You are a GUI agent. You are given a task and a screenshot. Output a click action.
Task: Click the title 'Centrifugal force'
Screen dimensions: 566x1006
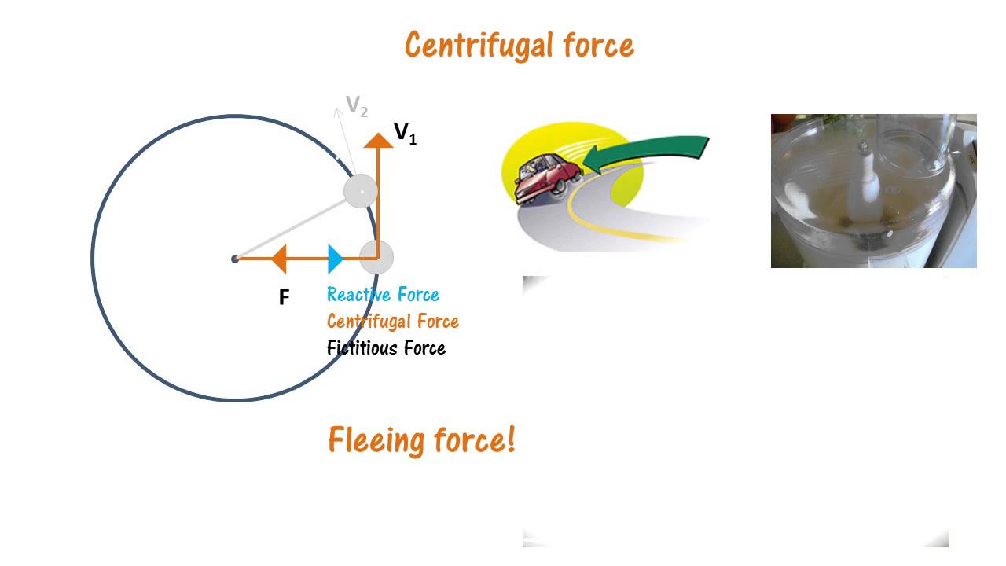pos(519,46)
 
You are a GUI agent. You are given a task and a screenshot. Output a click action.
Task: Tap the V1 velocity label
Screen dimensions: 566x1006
pos(405,134)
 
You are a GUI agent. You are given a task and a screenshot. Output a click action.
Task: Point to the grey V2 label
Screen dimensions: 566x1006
pos(357,106)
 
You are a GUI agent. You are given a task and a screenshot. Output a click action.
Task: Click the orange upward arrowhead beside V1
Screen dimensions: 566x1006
pos(379,140)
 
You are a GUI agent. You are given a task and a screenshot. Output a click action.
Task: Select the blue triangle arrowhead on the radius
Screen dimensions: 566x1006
pos(336,259)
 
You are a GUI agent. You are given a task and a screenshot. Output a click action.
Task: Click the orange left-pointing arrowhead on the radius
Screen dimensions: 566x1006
pos(278,259)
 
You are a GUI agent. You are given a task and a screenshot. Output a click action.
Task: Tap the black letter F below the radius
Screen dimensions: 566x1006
pos(285,297)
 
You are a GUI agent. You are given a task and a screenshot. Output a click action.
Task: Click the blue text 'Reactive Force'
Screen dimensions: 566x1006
pos(383,295)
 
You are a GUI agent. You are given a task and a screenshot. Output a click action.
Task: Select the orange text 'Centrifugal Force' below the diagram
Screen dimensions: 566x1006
pos(392,321)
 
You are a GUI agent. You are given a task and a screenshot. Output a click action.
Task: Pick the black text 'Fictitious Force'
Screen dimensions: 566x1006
pos(386,347)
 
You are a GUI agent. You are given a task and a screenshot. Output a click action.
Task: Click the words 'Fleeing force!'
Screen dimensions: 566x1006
pos(421,439)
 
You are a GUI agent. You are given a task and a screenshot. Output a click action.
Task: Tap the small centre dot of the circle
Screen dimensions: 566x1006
pos(235,259)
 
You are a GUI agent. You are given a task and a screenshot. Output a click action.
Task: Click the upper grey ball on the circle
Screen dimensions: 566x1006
pos(362,191)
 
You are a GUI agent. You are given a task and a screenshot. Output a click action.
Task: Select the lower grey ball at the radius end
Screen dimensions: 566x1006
pos(376,258)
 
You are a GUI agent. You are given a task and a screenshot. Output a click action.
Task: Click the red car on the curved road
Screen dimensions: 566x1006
pos(546,177)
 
